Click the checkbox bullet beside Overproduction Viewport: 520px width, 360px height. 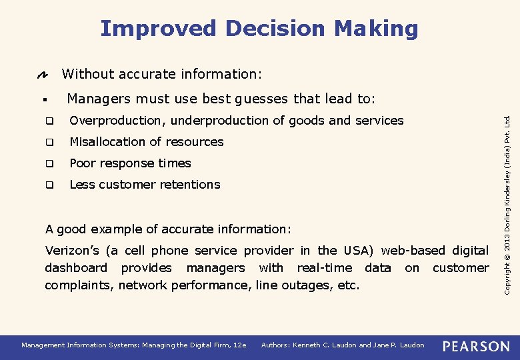(x=49, y=121)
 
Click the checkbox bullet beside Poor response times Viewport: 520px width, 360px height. (x=49, y=164)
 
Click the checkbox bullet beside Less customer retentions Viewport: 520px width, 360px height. (x=49, y=185)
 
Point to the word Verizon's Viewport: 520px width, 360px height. (x=72, y=251)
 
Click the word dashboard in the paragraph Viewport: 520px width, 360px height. (x=75, y=268)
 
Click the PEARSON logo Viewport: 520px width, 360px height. (x=476, y=345)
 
